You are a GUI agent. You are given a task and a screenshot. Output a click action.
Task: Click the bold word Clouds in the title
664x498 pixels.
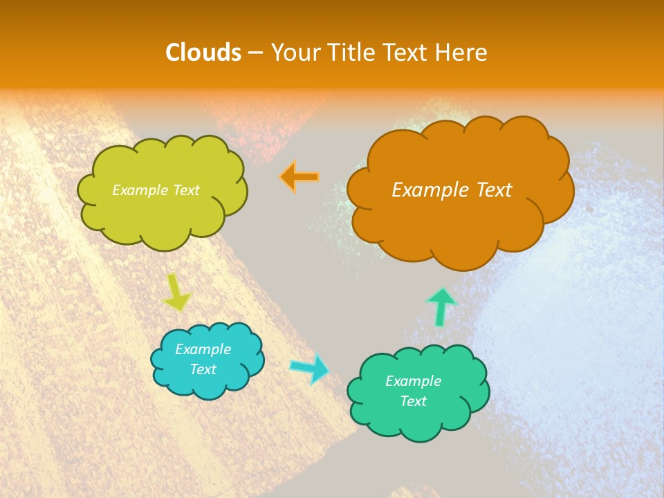pyautogui.click(x=203, y=53)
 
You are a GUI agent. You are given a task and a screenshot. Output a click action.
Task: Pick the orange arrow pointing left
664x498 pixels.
pyautogui.click(x=299, y=177)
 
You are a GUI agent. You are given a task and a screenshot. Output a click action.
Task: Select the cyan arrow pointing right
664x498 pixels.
pyautogui.click(x=309, y=369)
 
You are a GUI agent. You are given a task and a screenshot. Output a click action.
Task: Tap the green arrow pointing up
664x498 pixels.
pyautogui.click(x=442, y=306)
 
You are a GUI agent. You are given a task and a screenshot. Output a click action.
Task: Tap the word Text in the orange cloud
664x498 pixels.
pyautogui.click(x=492, y=190)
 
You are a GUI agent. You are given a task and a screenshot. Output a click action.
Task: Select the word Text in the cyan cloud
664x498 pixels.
pyautogui.click(x=203, y=369)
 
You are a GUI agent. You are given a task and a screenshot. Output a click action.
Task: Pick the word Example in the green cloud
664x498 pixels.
pyautogui.click(x=413, y=381)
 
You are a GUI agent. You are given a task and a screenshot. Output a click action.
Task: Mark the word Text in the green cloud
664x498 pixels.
pyautogui.click(x=413, y=401)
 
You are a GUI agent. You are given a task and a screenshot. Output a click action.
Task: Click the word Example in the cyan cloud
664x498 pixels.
pyautogui.click(x=203, y=349)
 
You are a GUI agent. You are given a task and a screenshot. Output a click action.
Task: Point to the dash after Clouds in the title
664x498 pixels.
pyautogui.click(x=255, y=53)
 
